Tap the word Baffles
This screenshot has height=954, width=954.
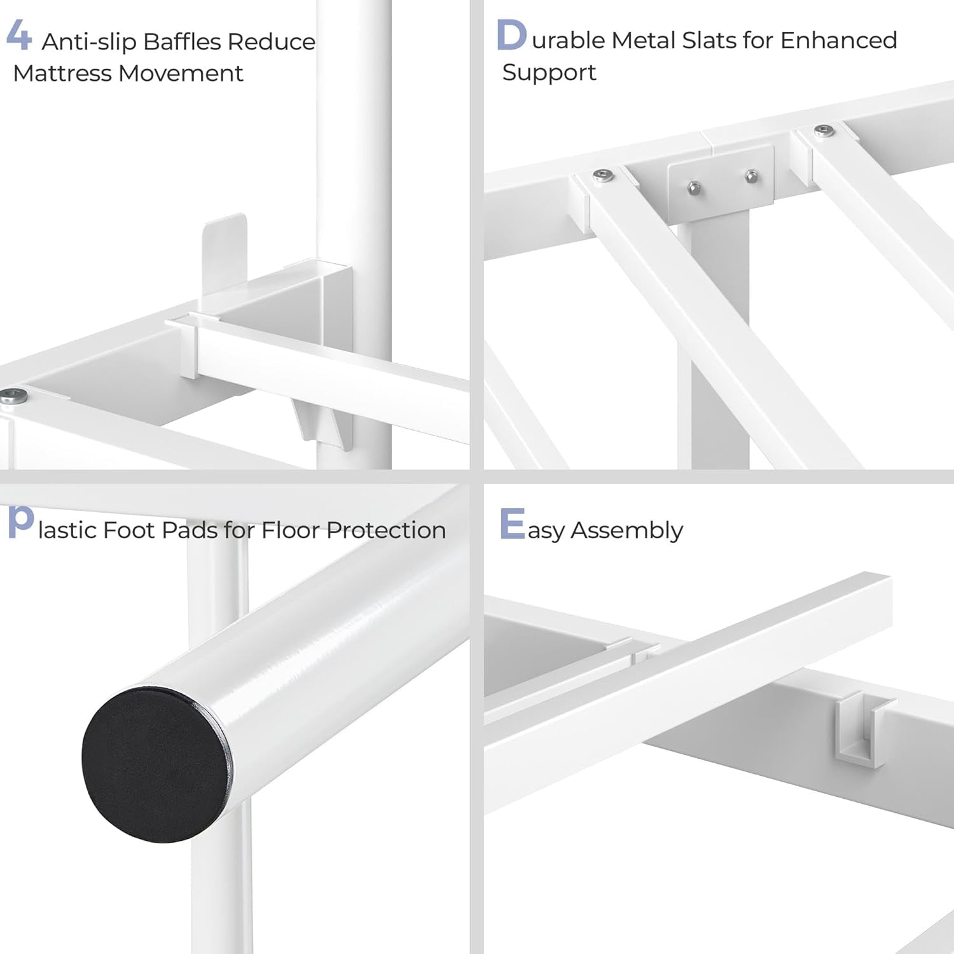tap(182, 42)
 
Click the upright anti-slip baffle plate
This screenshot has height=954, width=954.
tap(224, 261)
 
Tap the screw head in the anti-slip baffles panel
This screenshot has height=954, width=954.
tap(13, 396)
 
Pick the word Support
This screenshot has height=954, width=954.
tap(549, 73)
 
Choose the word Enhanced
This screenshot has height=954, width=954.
tap(839, 40)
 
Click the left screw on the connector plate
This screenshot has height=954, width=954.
tap(694, 187)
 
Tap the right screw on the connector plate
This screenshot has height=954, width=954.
tap(751, 176)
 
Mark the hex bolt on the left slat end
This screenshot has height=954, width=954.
tap(604, 176)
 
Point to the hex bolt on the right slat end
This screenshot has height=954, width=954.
tap(824, 132)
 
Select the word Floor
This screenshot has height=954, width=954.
tap(290, 530)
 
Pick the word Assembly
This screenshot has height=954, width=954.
tap(626, 531)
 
